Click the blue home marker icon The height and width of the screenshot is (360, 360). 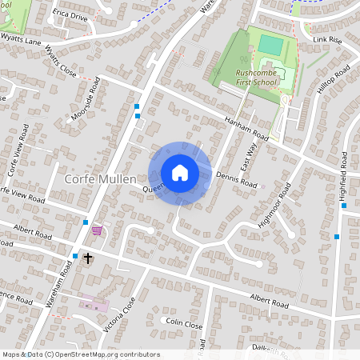coord(180,173)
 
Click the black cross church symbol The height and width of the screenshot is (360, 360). coord(88,258)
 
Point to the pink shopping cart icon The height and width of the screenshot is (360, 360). coord(97,230)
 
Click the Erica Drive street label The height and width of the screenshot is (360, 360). coord(70,14)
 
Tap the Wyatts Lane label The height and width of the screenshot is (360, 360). coord(21,38)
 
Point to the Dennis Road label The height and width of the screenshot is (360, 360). coord(237,183)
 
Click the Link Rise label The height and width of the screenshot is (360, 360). coord(327,38)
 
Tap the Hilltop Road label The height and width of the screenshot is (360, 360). coord(334,82)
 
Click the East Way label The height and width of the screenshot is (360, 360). coord(249,152)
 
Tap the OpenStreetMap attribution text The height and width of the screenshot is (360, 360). coord(81,354)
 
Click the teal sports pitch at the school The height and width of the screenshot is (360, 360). coord(271,46)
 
